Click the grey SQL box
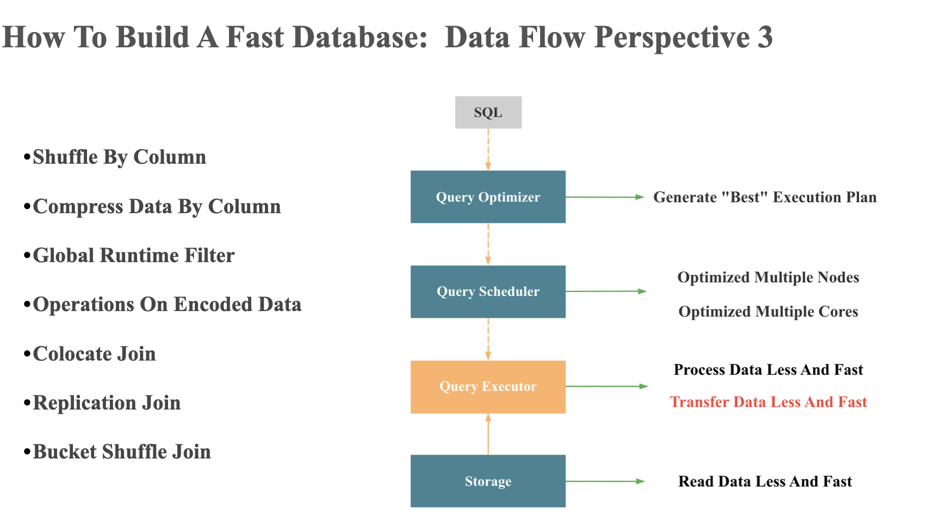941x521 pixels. click(x=488, y=113)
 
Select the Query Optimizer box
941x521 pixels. click(x=488, y=197)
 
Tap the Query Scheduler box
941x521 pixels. click(x=488, y=291)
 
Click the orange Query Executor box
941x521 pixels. click(x=488, y=387)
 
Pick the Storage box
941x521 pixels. click(x=488, y=481)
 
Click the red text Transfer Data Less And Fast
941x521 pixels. click(x=768, y=402)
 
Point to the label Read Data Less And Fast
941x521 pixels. click(x=765, y=481)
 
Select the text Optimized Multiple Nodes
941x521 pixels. click(x=768, y=277)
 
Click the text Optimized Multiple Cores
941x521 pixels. click(x=768, y=312)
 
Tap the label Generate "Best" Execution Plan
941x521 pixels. click(x=765, y=197)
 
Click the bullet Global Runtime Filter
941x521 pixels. click(x=133, y=256)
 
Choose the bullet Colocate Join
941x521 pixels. click(x=94, y=354)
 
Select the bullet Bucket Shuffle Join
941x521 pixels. click(x=121, y=452)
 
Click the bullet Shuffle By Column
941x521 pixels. click(x=119, y=157)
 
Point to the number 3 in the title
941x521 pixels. click(x=765, y=38)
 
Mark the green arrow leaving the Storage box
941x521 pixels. click(x=605, y=481)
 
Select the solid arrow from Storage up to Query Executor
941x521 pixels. click(x=488, y=435)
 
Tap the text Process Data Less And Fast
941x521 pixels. click(x=768, y=370)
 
